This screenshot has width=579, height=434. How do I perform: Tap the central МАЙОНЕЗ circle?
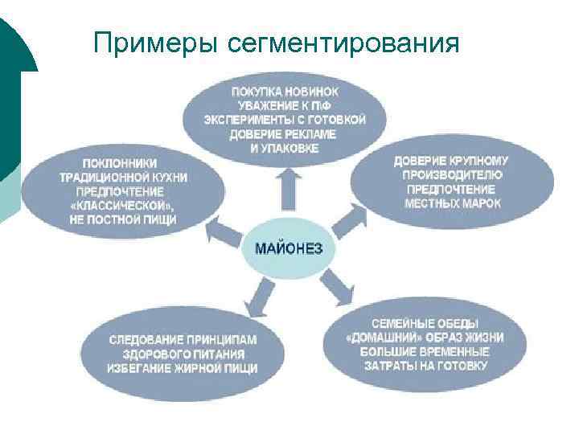(x=289, y=248)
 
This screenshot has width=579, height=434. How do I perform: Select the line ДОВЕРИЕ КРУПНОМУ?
(x=451, y=161)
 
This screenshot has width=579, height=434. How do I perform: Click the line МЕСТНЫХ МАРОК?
(x=453, y=203)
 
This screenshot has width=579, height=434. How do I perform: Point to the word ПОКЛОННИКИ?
(x=120, y=162)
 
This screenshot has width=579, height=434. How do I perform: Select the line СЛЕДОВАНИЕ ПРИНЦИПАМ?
(x=183, y=339)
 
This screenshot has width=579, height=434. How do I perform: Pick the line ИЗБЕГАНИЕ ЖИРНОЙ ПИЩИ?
(x=183, y=368)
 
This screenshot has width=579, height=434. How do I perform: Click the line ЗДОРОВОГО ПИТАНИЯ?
(x=183, y=354)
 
